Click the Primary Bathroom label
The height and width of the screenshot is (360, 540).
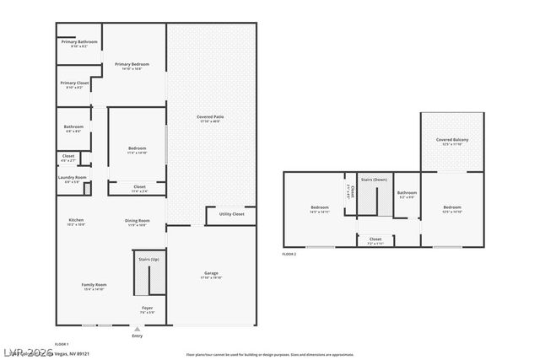tap(78, 42)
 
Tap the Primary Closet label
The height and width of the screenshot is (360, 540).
tap(73, 83)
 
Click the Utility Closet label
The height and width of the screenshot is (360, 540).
tap(231, 215)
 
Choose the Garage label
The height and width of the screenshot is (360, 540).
tap(211, 274)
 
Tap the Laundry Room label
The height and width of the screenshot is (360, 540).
tap(73, 178)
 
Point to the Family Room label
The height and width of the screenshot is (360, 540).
tap(93, 286)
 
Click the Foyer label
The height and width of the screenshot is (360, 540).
tap(147, 308)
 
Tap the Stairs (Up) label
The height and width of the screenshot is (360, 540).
tap(148, 260)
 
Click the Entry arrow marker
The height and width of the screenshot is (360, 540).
tap(138, 328)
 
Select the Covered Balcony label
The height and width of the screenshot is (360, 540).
tap(452, 140)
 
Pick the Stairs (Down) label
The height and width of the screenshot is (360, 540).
tap(374, 180)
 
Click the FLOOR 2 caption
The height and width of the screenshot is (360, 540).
tap(289, 254)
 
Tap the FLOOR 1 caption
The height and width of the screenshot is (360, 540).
tap(62, 344)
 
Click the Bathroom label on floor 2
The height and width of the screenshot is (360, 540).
tap(408, 193)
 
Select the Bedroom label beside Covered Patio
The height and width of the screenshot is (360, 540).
tap(137, 148)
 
